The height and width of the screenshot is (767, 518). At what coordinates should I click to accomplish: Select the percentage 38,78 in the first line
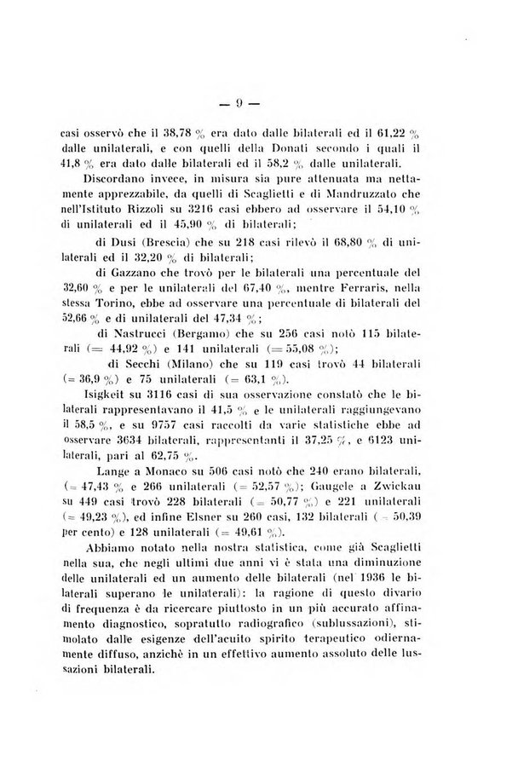tap(166, 133)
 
